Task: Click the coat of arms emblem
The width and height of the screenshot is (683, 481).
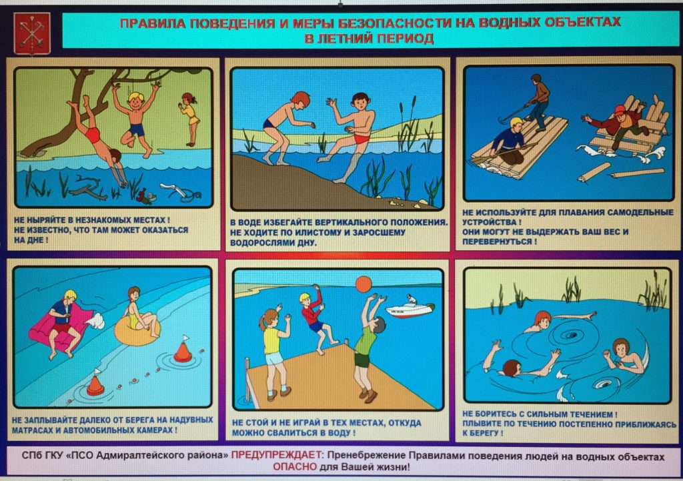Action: (x=32, y=34)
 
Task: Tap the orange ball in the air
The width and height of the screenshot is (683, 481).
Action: (x=364, y=285)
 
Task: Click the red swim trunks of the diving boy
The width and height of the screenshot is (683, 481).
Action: (x=92, y=135)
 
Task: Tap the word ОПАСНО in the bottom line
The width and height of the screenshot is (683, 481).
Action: (x=295, y=467)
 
